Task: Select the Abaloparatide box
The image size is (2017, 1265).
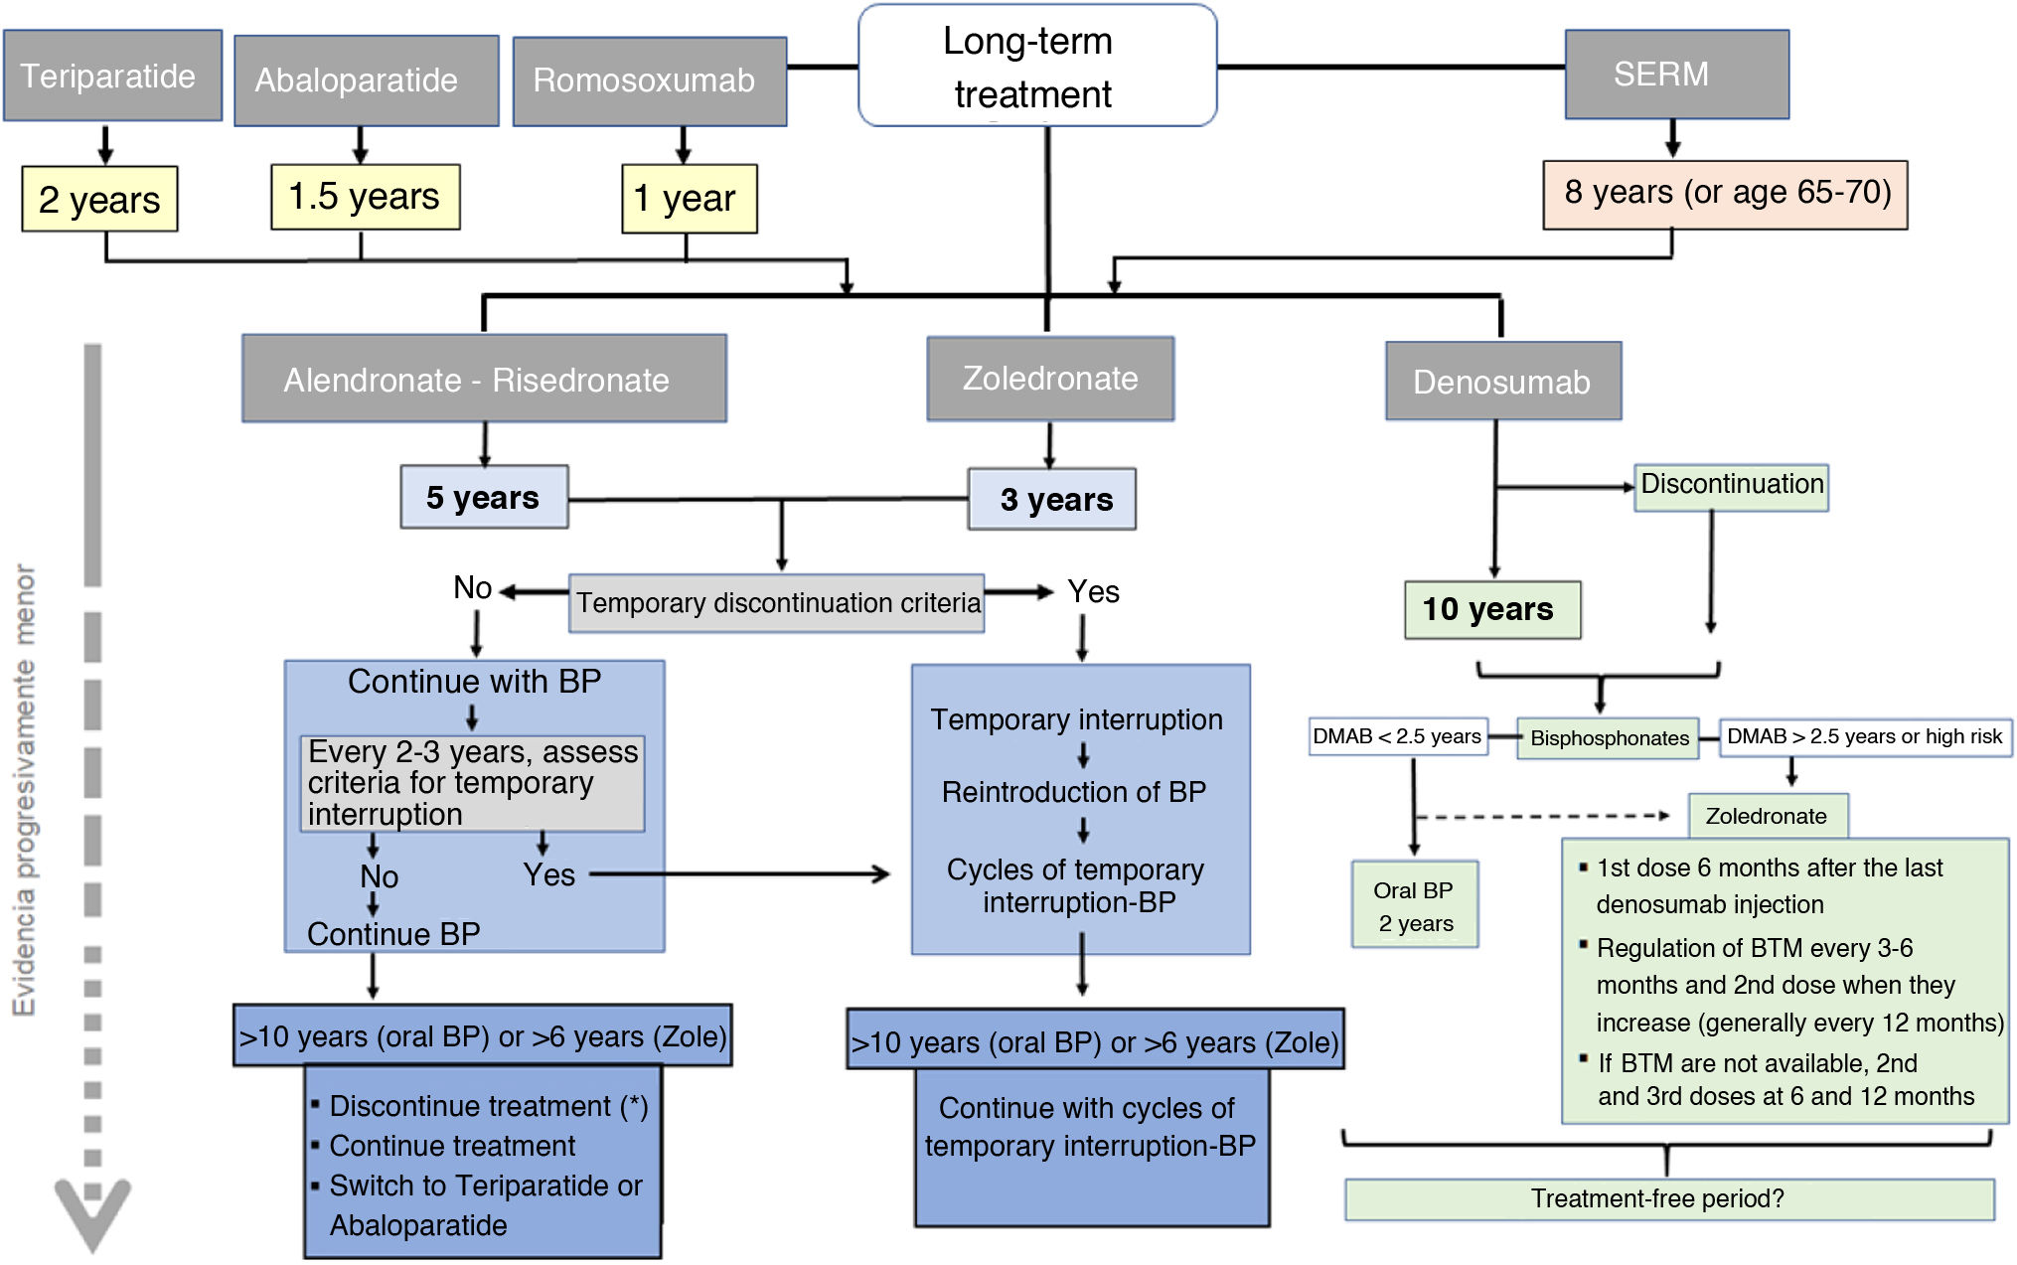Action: (x=366, y=80)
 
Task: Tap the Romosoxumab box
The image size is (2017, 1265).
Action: (x=649, y=80)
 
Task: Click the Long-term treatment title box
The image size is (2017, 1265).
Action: (x=1036, y=67)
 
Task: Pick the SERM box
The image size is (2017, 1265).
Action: (x=1676, y=75)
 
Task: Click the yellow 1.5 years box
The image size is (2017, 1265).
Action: (x=365, y=197)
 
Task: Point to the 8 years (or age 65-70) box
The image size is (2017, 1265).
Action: (x=1724, y=194)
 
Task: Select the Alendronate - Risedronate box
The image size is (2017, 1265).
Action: (x=484, y=379)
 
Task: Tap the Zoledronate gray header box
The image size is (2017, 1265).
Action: (x=1050, y=379)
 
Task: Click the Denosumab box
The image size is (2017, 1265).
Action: (x=1502, y=382)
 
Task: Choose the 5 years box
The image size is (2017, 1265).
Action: (x=484, y=497)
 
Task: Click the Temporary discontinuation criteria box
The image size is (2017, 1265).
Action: (x=777, y=603)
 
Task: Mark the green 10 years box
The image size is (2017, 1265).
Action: (x=1491, y=609)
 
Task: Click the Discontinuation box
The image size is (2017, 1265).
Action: (x=1731, y=486)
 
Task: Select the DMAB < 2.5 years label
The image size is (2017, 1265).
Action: (x=1397, y=736)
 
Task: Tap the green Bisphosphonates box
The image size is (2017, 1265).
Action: (x=1608, y=738)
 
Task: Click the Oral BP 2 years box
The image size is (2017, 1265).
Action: (x=1414, y=904)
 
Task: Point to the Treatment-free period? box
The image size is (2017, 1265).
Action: (x=1668, y=1198)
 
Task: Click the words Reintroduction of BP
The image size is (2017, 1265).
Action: (x=1074, y=792)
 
